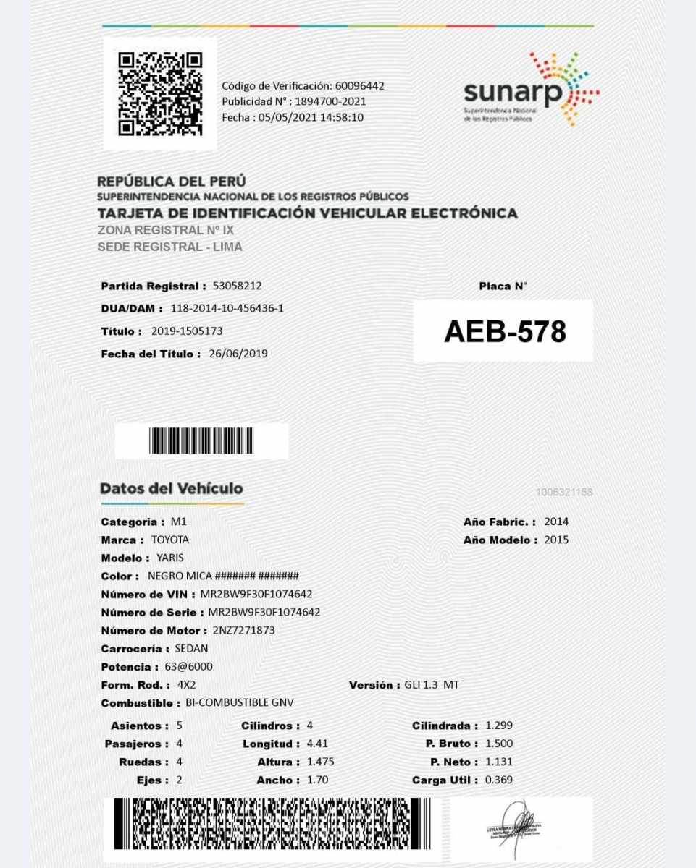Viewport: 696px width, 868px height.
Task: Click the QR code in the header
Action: point(159,93)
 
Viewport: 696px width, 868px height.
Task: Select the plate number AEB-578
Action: point(504,331)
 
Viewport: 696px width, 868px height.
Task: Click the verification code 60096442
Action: point(359,86)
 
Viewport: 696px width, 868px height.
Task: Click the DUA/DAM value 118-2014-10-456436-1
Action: point(227,308)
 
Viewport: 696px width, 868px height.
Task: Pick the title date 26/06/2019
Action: point(238,354)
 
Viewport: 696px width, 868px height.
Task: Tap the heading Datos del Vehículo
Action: point(172,488)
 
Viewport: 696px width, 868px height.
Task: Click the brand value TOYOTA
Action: point(170,540)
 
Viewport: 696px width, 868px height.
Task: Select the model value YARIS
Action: point(170,558)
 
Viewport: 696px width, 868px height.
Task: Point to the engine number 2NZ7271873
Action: point(238,630)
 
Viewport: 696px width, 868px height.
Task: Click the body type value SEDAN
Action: point(191,648)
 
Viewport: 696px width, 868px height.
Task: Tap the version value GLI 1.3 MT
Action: point(432,684)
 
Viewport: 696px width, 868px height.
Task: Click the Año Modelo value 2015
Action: point(556,540)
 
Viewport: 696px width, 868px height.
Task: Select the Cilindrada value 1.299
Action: point(499,725)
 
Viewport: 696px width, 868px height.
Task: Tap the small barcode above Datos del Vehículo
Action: point(201,441)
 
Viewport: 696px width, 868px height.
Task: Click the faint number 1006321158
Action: point(564,492)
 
